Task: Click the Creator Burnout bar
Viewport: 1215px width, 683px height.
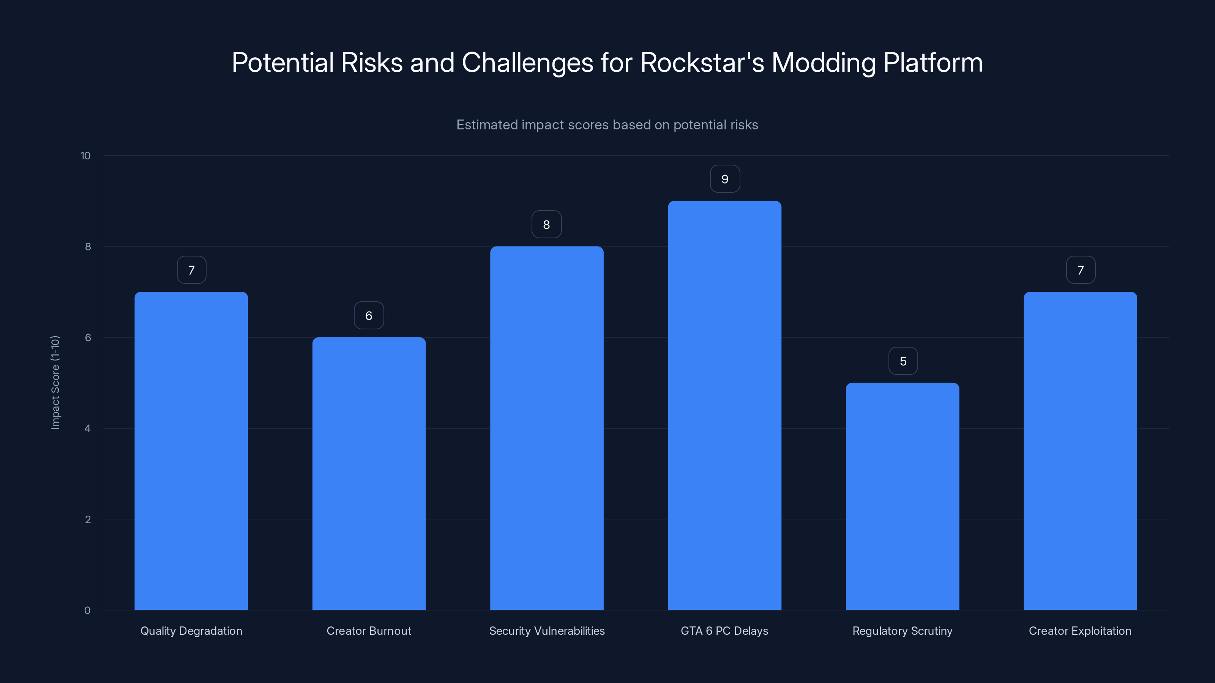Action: pyautogui.click(x=369, y=473)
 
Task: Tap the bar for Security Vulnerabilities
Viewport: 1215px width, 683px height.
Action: pyautogui.click(x=547, y=428)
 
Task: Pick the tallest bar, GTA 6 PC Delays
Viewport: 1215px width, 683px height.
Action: pyautogui.click(x=724, y=405)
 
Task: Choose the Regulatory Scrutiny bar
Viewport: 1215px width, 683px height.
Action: pyautogui.click(x=902, y=496)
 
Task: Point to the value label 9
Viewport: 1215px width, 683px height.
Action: pyautogui.click(x=725, y=179)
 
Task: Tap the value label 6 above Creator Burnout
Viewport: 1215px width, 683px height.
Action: pyautogui.click(x=369, y=316)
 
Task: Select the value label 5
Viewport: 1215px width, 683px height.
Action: pyautogui.click(x=903, y=361)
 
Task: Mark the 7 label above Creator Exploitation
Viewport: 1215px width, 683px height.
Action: pyautogui.click(x=1081, y=270)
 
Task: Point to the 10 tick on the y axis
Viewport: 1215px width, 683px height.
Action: pyautogui.click(x=85, y=156)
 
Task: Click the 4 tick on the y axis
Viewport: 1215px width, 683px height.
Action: pyautogui.click(x=87, y=428)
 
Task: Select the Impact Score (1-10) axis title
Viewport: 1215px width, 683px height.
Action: pyautogui.click(x=55, y=382)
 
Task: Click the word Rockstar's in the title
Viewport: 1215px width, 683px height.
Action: pyautogui.click(x=702, y=63)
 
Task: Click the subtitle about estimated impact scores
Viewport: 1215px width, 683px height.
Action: pyautogui.click(x=607, y=125)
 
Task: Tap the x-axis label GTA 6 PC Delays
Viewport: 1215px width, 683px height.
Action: pyautogui.click(x=724, y=631)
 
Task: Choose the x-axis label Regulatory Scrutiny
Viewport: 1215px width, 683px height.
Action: pyautogui.click(x=902, y=631)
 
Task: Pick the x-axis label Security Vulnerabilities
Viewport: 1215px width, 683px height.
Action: pyautogui.click(x=547, y=631)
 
